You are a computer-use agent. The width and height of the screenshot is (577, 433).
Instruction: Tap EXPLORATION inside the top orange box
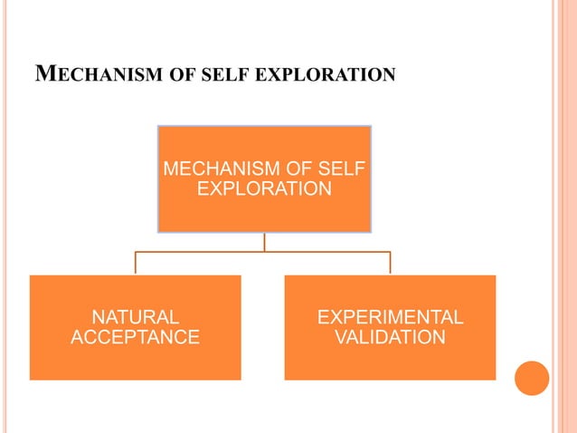click(263, 190)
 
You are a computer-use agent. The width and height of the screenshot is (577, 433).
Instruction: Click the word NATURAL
click(135, 317)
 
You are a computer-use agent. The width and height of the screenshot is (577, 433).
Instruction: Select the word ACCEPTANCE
click(135, 338)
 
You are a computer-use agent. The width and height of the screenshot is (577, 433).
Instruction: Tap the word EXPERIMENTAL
click(390, 317)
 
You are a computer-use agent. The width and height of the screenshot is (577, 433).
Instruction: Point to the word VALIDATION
click(390, 338)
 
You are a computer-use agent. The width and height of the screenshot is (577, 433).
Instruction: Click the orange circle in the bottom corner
click(532, 378)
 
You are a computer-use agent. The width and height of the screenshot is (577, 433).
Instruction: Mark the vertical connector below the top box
click(264, 242)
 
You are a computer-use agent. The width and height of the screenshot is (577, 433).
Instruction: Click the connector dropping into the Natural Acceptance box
click(136, 263)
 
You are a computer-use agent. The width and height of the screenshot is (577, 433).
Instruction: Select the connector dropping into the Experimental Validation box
click(390, 263)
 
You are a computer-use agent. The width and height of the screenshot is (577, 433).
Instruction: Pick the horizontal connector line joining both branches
click(199, 252)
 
